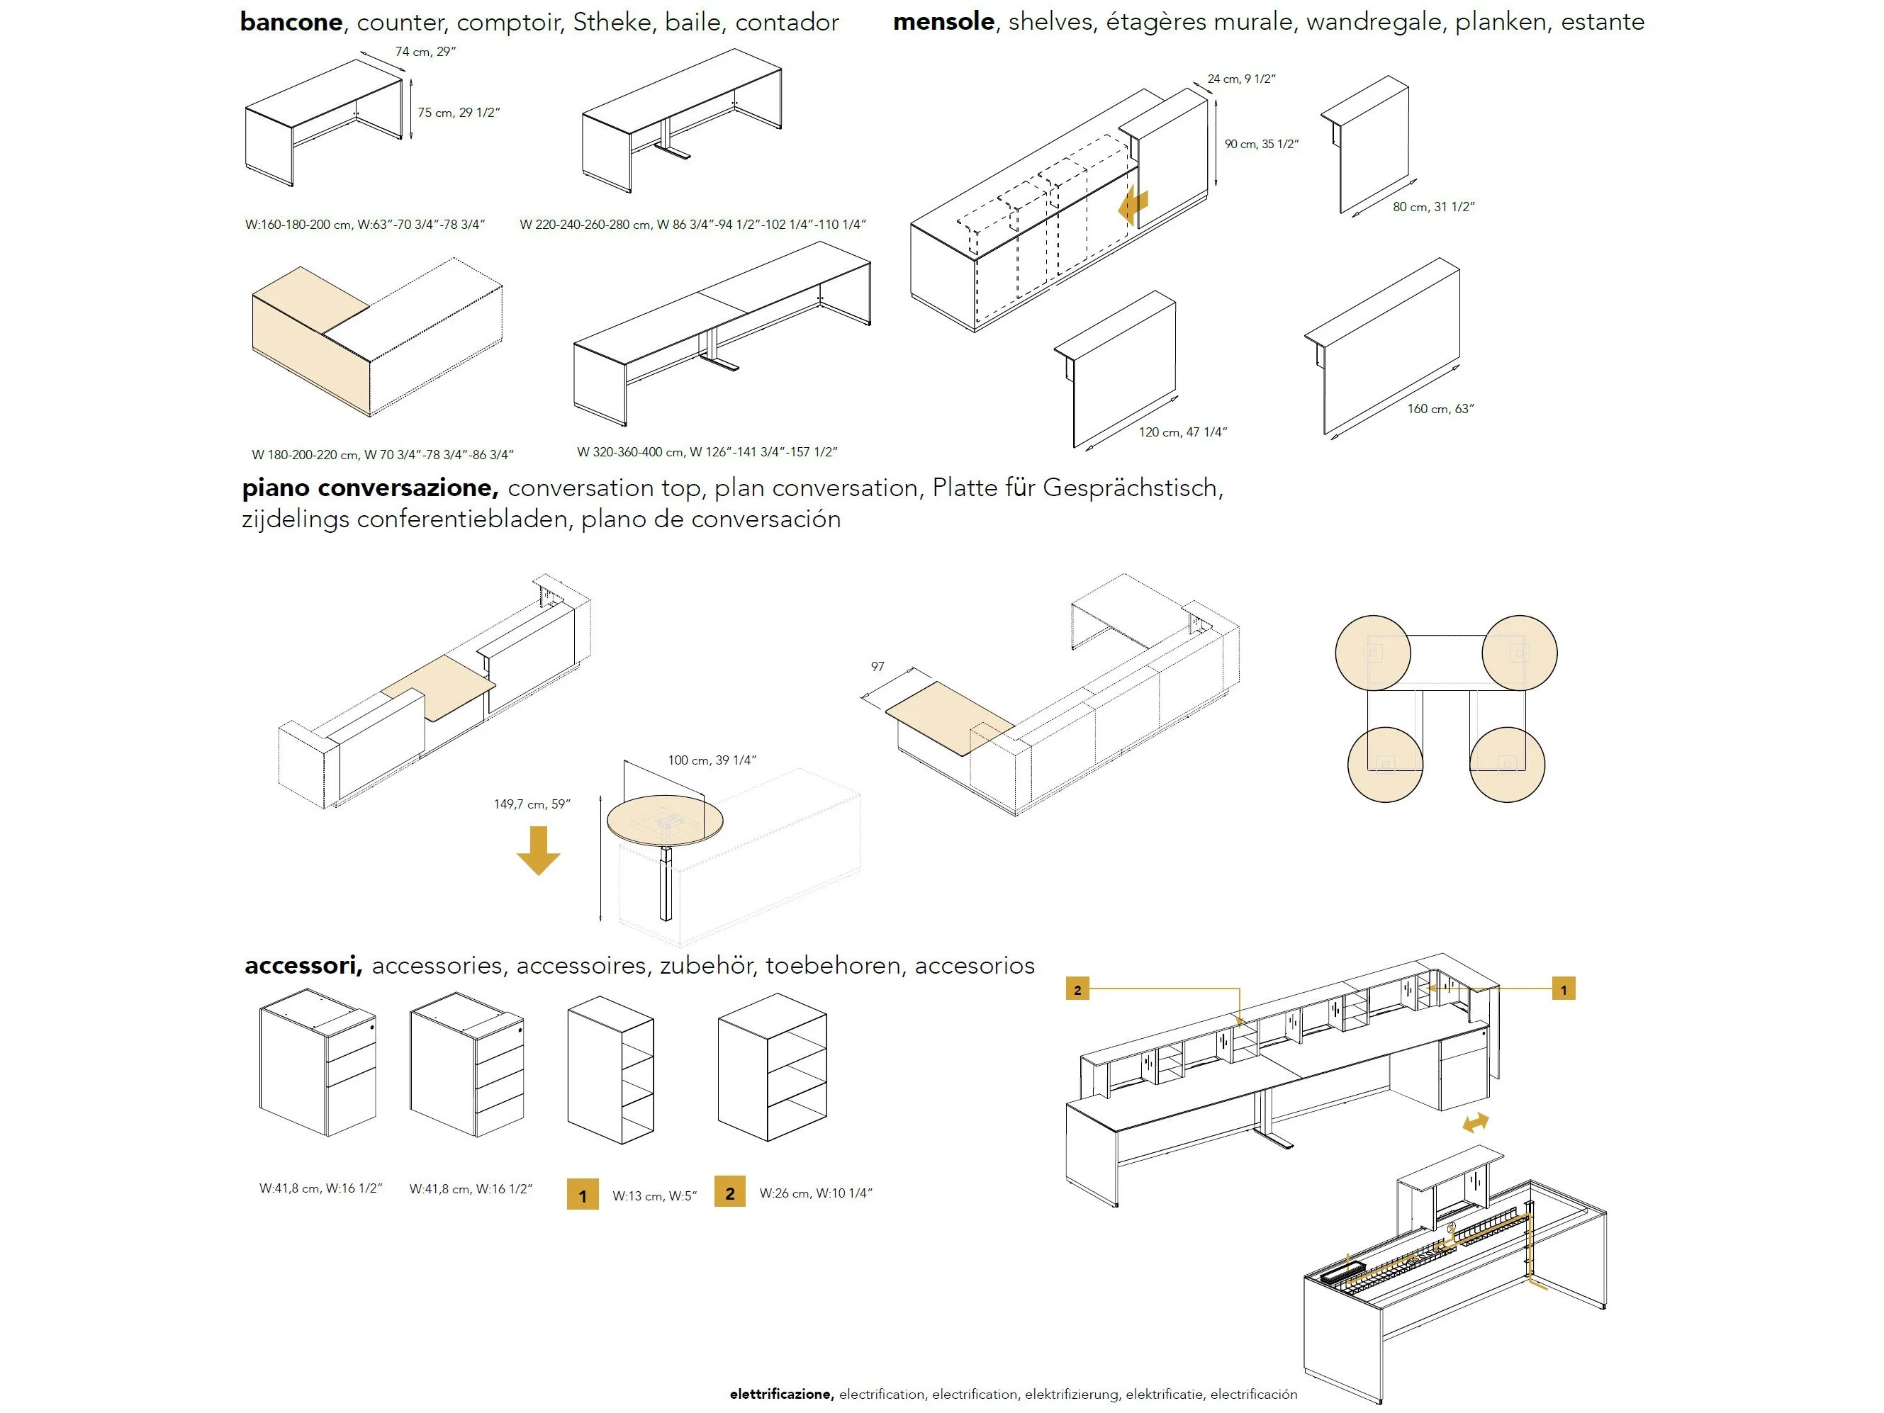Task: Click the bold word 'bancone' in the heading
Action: pyautogui.click(x=291, y=22)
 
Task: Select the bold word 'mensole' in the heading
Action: pyautogui.click(x=943, y=22)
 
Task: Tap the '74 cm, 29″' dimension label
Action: pyautogui.click(x=425, y=52)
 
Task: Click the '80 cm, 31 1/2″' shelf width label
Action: pyautogui.click(x=1433, y=207)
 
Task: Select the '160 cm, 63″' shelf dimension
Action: pyautogui.click(x=1440, y=409)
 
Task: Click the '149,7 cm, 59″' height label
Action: pyautogui.click(x=532, y=804)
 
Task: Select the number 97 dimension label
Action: pyautogui.click(x=877, y=667)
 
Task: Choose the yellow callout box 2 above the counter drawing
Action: pyautogui.click(x=1077, y=989)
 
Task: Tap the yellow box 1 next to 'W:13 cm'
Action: pyautogui.click(x=583, y=1195)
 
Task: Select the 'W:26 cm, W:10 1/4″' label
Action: pyautogui.click(x=815, y=1193)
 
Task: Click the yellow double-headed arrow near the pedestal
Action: pyautogui.click(x=1475, y=1122)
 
